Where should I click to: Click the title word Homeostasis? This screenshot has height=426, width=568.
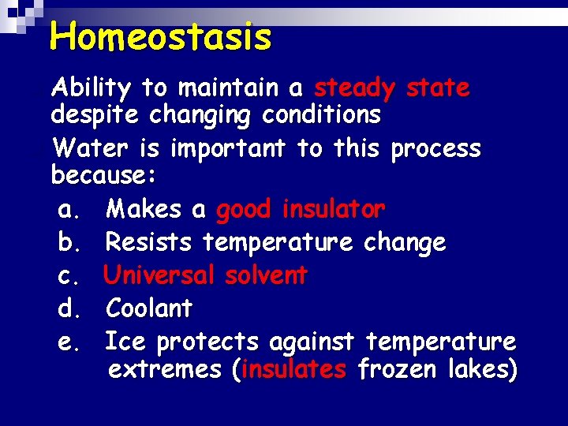160,36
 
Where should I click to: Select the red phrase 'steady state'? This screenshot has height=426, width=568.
391,88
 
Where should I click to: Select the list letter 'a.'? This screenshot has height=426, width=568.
69,210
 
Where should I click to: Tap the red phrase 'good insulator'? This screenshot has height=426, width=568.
300,210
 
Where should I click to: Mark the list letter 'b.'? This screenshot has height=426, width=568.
69,242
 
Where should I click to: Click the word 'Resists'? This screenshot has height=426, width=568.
148,242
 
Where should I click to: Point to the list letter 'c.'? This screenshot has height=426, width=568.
69,275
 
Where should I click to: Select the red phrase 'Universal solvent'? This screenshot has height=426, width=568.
205,275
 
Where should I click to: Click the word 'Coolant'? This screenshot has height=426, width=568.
148,308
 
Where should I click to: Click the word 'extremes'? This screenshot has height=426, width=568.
165,369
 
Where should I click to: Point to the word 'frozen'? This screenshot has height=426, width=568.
395,369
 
